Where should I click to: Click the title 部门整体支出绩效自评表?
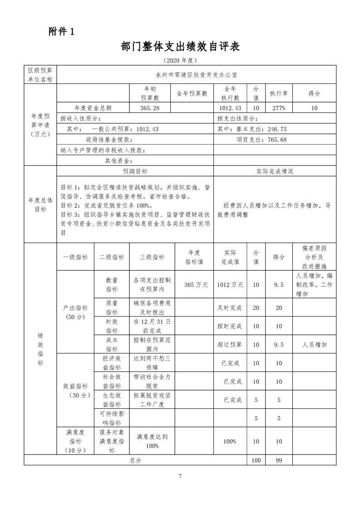tap(180, 47)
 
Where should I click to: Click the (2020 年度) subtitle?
tap(180, 60)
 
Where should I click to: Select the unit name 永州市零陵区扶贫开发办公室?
tap(197, 75)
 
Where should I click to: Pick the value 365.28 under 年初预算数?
tap(150, 108)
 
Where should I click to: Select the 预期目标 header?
tap(135, 172)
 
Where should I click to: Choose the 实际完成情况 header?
tap(275, 172)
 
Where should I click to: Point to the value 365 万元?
tap(196, 285)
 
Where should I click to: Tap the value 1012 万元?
tap(230, 285)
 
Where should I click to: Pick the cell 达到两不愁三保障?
tap(152, 363)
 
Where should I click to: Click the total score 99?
tap(279, 460)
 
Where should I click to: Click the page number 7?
tap(180, 476)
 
